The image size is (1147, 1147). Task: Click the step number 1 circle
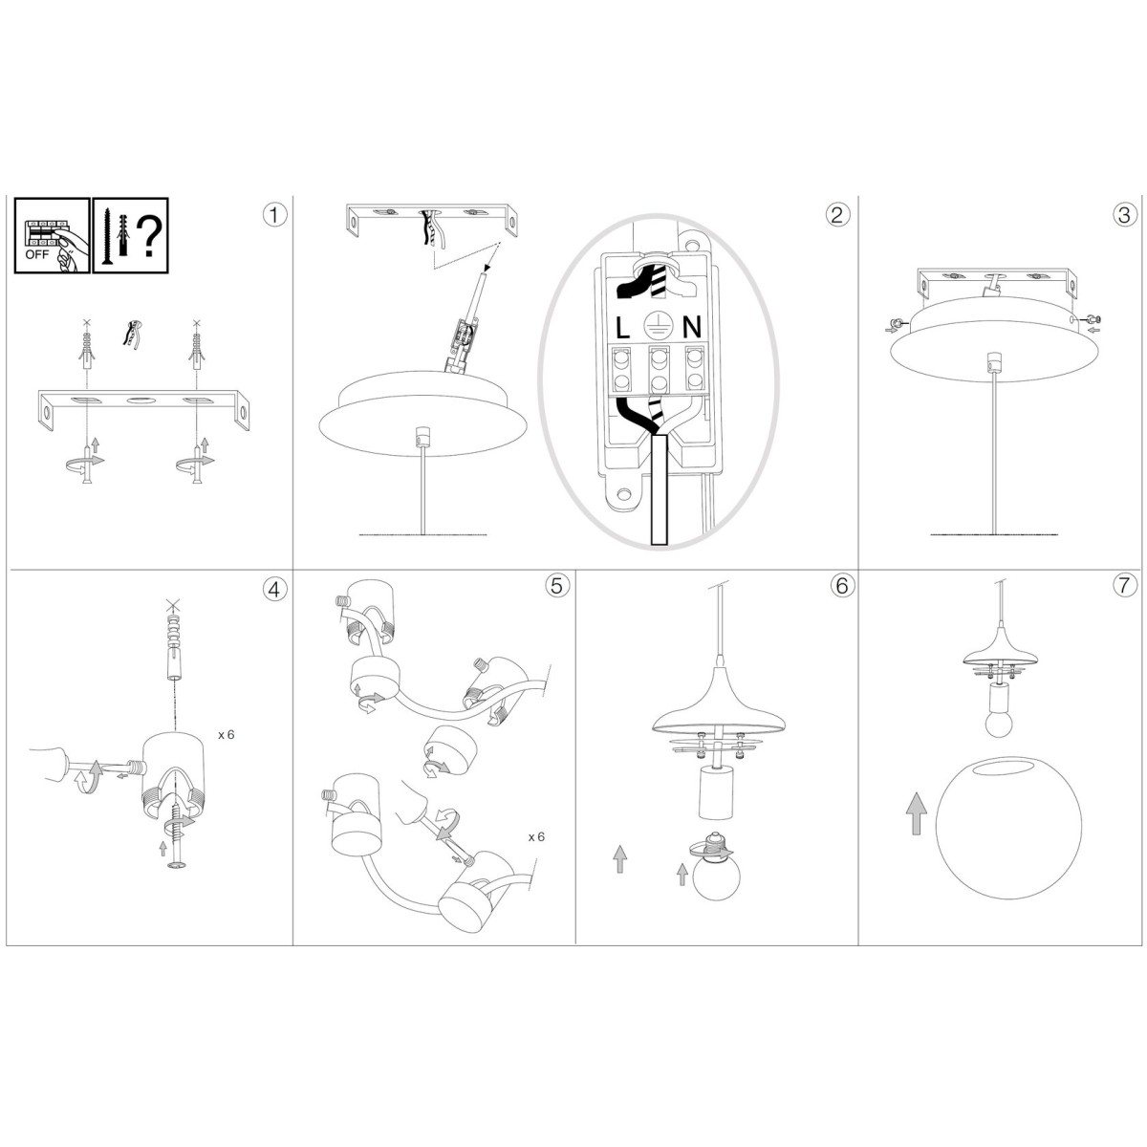click(x=274, y=214)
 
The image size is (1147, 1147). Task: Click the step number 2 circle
click(x=837, y=214)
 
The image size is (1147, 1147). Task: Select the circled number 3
click(x=1124, y=214)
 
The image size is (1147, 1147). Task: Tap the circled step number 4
click(x=274, y=589)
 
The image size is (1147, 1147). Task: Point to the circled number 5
click(x=557, y=586)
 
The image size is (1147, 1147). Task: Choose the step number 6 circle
click(x=842, y=586)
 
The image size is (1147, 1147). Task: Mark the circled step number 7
click(x=1124, y=586)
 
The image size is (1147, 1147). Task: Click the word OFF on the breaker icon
click(x=37, y=255)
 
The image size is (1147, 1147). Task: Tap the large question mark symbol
click(x=148, y=237)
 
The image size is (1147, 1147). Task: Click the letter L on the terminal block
click(x=622, y=328)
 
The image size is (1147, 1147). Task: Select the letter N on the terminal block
click(x=692, y=328)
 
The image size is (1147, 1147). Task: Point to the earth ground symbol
click(x=657, y=327)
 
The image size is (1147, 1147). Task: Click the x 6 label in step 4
click(x=227, y=735)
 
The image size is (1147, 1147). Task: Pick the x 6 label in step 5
click(x=536, y=837)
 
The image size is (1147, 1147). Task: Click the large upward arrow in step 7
click(x=916, y=813)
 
